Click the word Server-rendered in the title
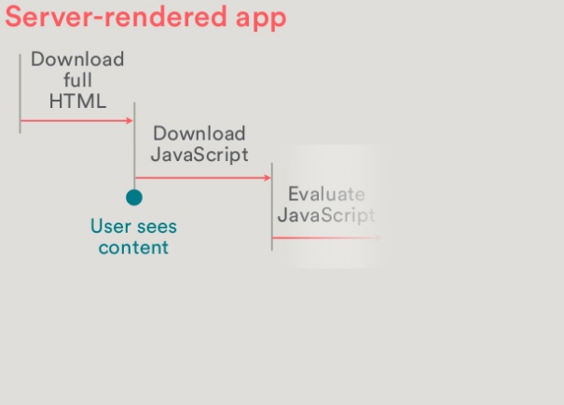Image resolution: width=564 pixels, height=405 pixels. pyautogui.click(x=111, y=17)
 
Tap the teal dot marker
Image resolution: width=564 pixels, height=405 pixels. pyautogui.click(x=134, y=197)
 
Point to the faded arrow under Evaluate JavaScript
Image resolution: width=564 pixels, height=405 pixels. pyautogui.click(x=325, y=237)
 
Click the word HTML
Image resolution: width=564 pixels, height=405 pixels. pyautogui.click(x=77, y=101)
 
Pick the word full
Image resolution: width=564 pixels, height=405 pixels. pyautogui.click(x=77, y=81)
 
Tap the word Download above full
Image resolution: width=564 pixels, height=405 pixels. pyautogui.click(x=77, y=60)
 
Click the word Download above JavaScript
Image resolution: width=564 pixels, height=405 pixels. pyautogui.click(x=199, y=133)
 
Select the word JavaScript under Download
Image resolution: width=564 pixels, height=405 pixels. pyautogui.click(x=199, y=155)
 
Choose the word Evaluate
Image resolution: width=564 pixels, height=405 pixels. pyautogui.click(x=326, y=194)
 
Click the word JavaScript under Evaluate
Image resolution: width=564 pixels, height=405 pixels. pyautogui.click(x=326, y=215)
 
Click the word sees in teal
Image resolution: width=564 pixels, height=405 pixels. pyautogui.click(x=155, y=226)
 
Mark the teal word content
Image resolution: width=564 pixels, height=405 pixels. pyautogui.click(x=133, y=248)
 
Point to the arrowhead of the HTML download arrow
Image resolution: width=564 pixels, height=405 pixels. pyautogui.click(x=131, y=120)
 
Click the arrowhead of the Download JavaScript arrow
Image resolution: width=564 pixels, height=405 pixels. pyautogui.click(x=268, y=177)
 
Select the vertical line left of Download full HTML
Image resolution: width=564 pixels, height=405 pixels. pyautogui.click(x=20, y=93)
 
